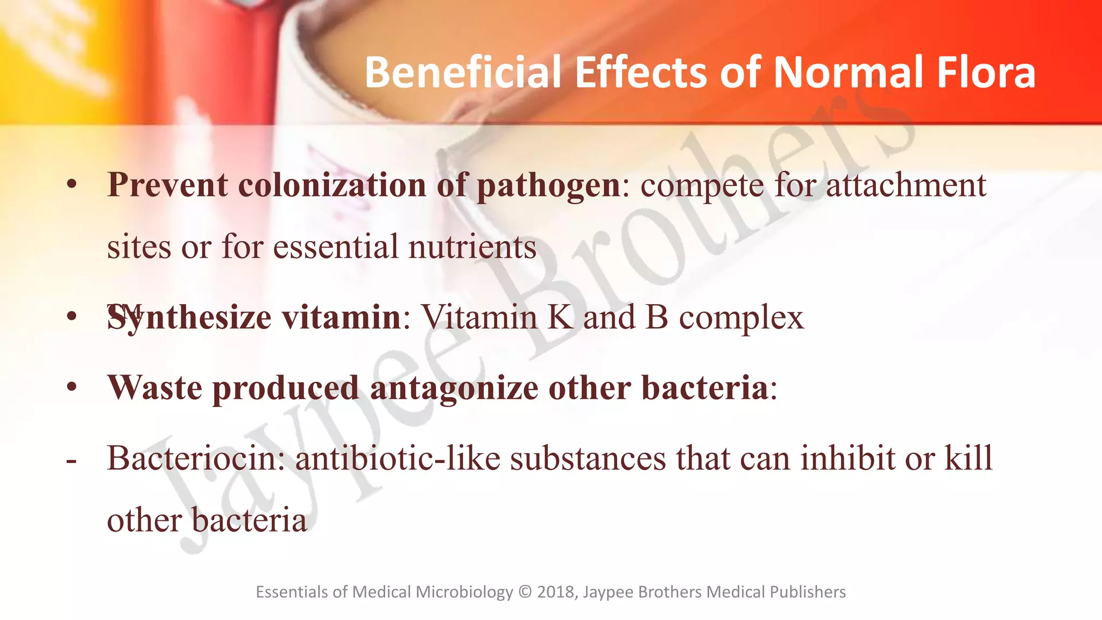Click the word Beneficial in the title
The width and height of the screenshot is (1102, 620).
click(463, 72)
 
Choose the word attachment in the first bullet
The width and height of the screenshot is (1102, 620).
click(906, 185)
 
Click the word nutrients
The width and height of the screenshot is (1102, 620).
click(472, 247)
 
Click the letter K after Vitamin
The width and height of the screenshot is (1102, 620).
click(561, 317)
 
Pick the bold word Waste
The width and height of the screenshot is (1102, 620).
click(155, 387)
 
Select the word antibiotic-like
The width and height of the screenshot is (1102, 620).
click(398, 459)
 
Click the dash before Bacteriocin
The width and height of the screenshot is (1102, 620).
click(71, 461)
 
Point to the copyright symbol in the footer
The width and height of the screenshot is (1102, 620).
click(525, 592)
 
